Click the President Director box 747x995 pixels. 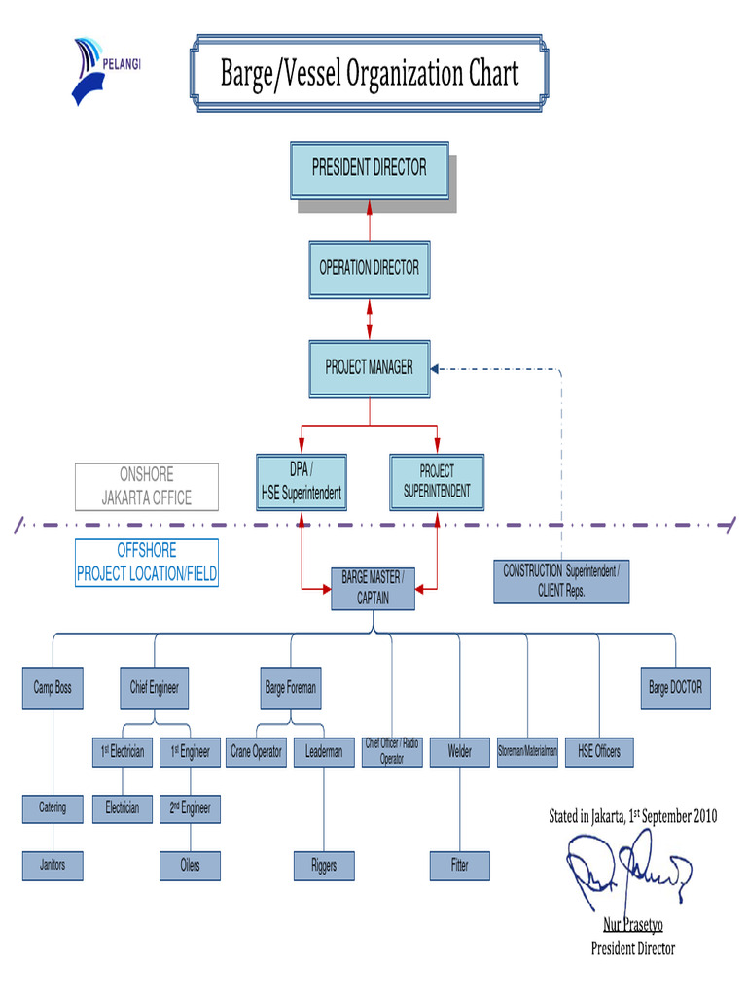click(x=370, y=169)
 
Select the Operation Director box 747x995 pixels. click(x=370, y=268)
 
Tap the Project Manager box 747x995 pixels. click(x=370, y=368)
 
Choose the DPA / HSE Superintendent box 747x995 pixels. click(x=302, y=482)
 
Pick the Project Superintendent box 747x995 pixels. click(x=437, y=482)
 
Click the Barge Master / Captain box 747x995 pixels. click(x=373, y=589)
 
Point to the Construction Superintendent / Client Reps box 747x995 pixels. click(x=560, y=581)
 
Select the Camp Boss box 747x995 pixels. click(x=53, y=688)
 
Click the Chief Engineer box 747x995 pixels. click(x=155, y=688)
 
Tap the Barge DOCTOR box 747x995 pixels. click(x=675, y=688)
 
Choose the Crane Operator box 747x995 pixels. click(x=257, y=752)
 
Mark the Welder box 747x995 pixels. click(x=460, y=752)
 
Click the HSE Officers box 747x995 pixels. click(x=599, y=752)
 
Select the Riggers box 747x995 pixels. click(x=324, y=866)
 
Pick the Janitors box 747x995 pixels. click(x=53, y=865)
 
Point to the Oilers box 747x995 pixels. click(x=190, y=866)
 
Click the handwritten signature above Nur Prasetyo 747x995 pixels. click(x=627, y=870)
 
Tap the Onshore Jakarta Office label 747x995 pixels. click(x=147, y=487)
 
